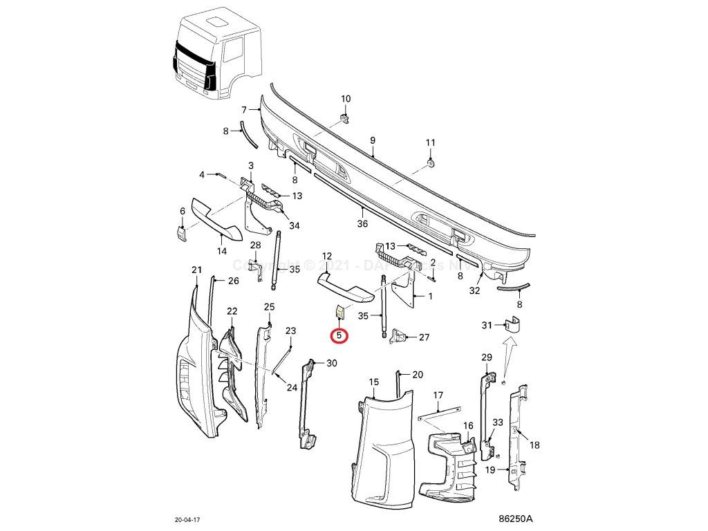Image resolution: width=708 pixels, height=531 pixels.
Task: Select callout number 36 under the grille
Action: pyautogui.click(x=362, y=223)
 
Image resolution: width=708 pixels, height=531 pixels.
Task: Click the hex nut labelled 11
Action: pyautogui.click(x=431, y=162)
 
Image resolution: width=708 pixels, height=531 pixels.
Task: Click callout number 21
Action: pyautogui.click(x=196, y=269)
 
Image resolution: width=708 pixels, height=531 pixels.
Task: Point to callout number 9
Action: pyautogui.click(x=373, y=141)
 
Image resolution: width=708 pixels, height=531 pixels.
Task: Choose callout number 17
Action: pyautogui.click(x=438, y=395)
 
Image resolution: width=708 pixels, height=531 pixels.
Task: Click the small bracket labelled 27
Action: pyautogui.click(x=400, y=337)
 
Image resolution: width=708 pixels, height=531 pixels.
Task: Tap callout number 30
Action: pyautogui.click(x=332, y=363)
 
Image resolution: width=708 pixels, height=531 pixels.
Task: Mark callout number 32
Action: pyautogui.click(x=474, y=291)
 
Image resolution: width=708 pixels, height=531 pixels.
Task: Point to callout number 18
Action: pyautogui.click(x=534, y=446)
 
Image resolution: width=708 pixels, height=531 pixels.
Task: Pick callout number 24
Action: pyautogui.click(x=292, y=387)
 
